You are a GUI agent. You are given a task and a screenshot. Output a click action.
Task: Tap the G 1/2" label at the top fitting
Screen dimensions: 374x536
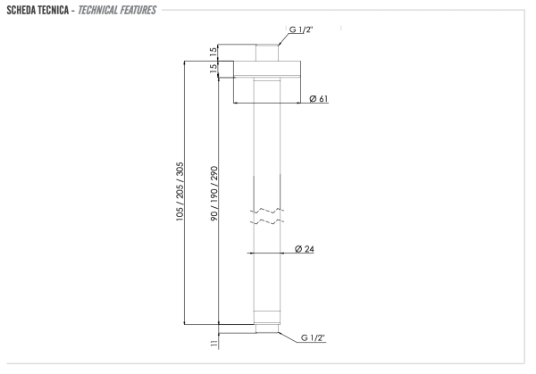click(x=301, y=30)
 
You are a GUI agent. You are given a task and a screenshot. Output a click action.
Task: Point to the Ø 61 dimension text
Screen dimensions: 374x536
click(x=318, y=99)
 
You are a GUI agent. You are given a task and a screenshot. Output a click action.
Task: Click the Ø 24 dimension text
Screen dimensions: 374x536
click(x=304, y=249)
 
